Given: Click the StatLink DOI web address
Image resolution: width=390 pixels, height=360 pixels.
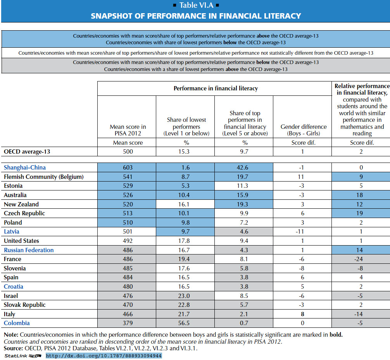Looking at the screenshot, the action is click(104, 356).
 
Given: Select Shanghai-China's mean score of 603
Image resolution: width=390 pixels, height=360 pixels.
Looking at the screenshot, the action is click(128, 168).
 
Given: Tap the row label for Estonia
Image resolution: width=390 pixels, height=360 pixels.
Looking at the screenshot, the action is click(13, 186).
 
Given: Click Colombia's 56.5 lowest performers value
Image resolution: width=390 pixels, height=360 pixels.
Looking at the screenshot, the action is click(184, 323).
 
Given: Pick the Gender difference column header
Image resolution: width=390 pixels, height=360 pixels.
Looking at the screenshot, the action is click(304, 130).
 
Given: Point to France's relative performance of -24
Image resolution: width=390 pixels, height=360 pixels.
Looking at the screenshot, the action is click(359, 259).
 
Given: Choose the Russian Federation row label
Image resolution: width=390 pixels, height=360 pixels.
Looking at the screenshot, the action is click(29, 250).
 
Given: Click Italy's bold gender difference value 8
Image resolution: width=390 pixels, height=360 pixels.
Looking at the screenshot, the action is click(302, 314).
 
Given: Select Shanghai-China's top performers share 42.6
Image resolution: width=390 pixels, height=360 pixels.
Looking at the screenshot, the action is click(243, 168).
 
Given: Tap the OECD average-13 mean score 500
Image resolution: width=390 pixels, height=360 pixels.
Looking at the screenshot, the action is click(128, 152).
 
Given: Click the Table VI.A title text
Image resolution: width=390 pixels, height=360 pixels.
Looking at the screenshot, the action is click(197, 5).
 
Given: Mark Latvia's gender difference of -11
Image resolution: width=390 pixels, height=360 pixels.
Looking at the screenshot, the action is click(300, 232).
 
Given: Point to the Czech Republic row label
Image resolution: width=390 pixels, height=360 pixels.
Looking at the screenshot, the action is click(24, 213).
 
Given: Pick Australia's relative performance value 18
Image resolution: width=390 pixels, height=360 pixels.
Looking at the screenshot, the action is click(360, 195).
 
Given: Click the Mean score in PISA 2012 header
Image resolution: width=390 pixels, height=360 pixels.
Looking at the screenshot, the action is click(128, 130).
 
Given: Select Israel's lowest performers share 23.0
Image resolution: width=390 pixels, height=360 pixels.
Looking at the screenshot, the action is click(184, 296).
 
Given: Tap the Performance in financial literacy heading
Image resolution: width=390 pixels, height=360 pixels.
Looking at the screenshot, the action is click(216, 88).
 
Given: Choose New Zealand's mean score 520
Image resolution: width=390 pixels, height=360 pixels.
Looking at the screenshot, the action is click(128, 204).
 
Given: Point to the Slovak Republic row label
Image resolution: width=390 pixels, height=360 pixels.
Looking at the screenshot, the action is click(25, 305).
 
